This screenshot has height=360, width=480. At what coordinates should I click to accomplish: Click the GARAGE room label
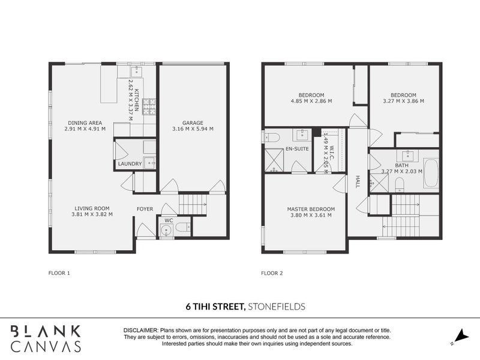click(192, 122)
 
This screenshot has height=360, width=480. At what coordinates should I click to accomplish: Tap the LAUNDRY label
click(130, 163)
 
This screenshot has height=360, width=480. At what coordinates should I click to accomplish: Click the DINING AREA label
click(85, 122)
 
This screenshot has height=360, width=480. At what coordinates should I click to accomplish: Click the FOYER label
click(145, 209)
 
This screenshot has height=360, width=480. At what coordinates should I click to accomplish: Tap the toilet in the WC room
click(184, 227)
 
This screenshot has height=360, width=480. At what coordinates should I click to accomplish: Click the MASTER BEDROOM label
click(311, 209)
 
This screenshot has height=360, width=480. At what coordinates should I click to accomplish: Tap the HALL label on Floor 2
click(357, 182)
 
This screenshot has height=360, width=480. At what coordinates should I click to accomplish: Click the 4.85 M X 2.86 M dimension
click(311, 101)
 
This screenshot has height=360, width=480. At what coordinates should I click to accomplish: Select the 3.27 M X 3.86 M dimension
click(403, 101)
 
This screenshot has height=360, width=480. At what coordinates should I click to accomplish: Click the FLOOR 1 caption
click(59, 273)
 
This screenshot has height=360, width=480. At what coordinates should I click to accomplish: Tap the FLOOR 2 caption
click(272, 273)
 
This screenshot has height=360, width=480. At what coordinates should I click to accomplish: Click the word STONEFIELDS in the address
click(276, 306)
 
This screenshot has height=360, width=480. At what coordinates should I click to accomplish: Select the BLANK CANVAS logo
click(45, 338)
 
